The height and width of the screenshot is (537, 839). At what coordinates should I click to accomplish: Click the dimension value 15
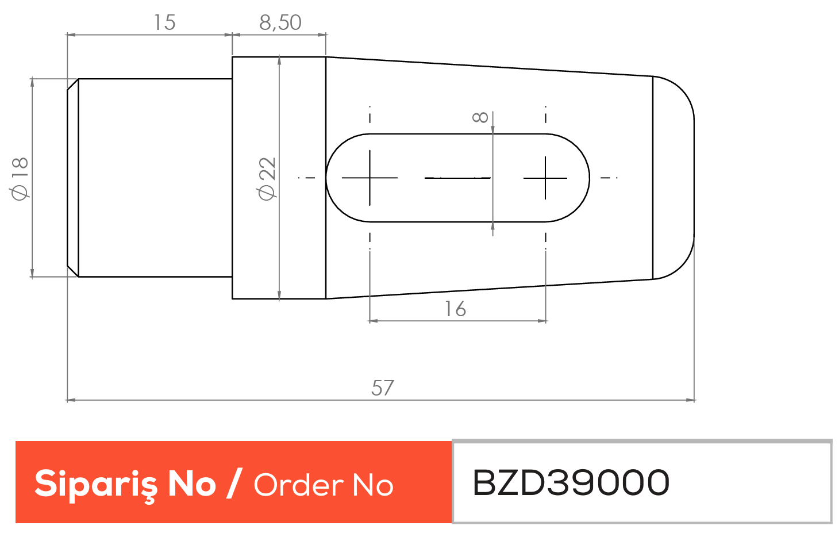coord(164,22)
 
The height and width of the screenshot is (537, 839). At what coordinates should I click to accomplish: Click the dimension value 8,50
coord(280,22)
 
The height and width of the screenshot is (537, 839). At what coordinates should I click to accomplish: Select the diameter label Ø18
coord(20,179)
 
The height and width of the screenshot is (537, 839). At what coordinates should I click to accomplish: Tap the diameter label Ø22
coord(267,179)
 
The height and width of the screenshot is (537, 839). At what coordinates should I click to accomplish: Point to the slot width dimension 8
coord(480,117)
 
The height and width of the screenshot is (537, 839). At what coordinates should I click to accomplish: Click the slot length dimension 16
coord(455,309)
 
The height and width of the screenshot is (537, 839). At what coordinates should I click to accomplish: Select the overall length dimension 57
coord(382,388)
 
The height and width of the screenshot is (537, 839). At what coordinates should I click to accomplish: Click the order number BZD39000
coord(571,482)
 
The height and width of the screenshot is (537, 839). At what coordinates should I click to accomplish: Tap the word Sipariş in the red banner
coord(96,485)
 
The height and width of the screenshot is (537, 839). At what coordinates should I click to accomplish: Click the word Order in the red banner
coord(298,485)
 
